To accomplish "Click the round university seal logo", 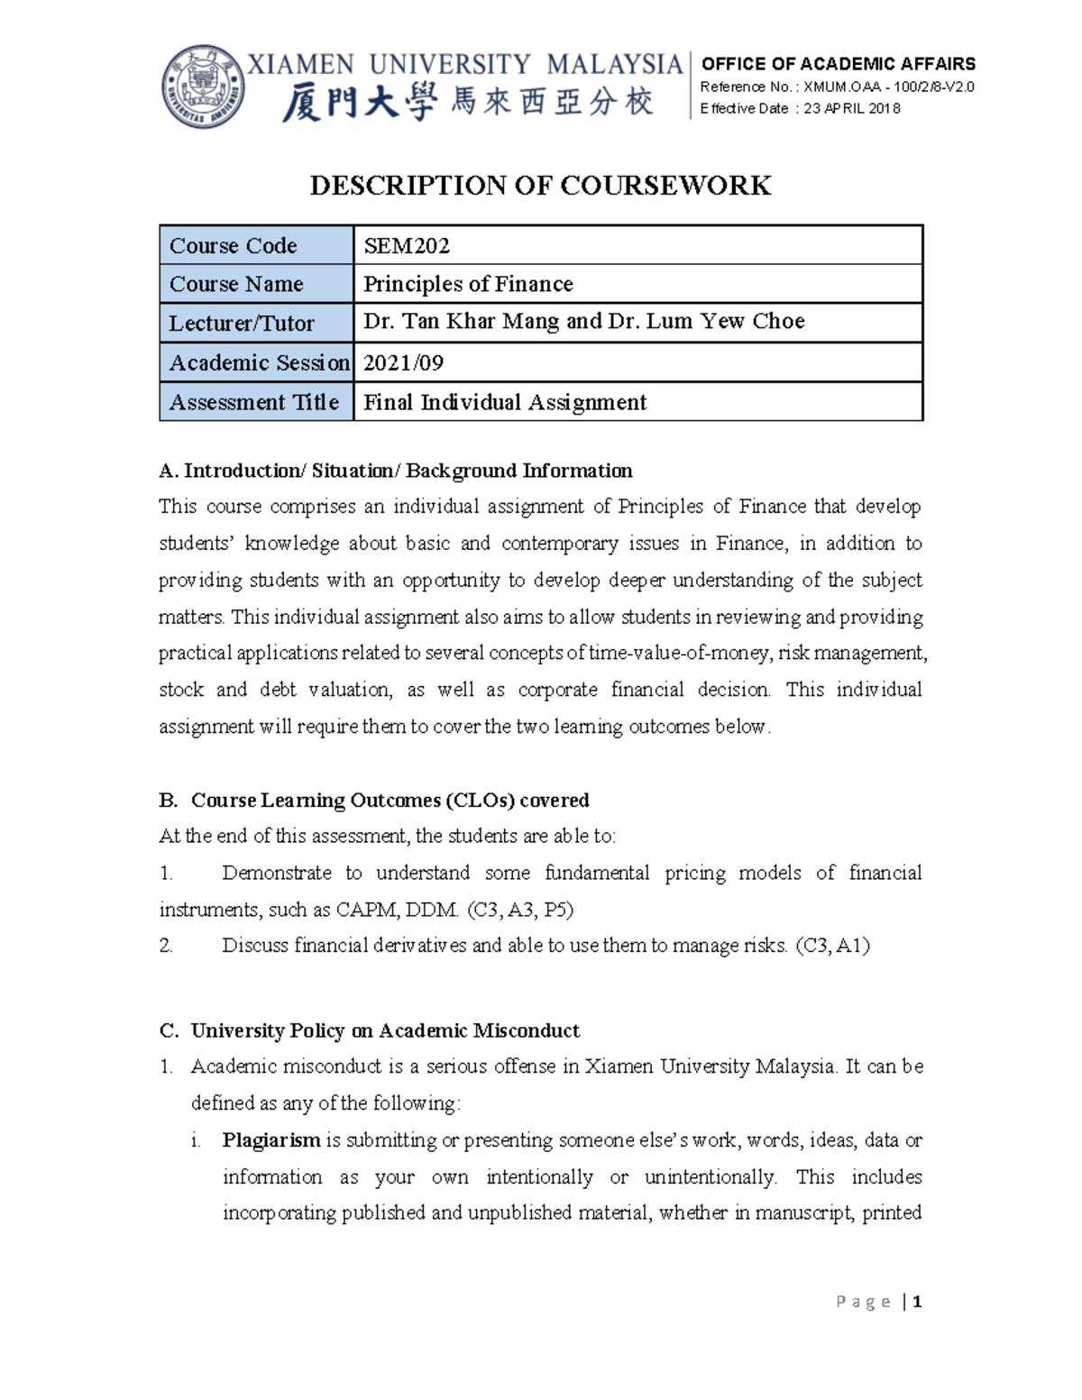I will tap(204, 87).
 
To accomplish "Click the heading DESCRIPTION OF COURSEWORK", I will tap(540, 186).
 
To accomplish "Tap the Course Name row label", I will tap(236, 284).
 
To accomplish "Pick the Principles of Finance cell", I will tap(468, 284).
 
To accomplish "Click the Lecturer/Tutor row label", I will tap(242, 323).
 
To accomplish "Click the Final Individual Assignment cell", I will tap(505, 402).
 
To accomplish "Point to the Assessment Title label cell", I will tap(254, 402).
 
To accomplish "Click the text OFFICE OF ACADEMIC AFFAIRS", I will tap(838, 64).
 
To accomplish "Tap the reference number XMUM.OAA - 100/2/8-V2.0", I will tap(888, 87).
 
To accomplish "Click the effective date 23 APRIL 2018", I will tap(851, 108).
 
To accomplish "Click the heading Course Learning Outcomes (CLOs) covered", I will tap(390, 801).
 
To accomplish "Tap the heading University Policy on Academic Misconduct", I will tap(385, 1030).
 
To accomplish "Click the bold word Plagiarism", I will tap(271, 1140).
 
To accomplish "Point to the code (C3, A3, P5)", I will tap(520, 910).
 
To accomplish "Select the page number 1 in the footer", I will tap(917, 1302).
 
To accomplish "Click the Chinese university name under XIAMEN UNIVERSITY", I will tap(467, 102).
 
